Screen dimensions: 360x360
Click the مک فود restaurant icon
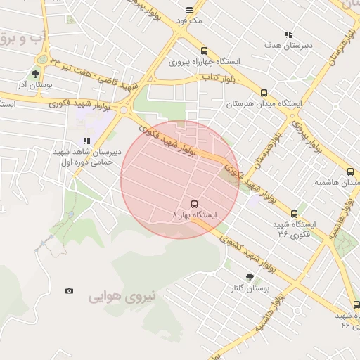[190, 10]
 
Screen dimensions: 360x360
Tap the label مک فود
[190, 22]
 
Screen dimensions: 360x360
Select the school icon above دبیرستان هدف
[288, 34]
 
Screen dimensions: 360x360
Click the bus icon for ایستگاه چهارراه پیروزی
[204, 51]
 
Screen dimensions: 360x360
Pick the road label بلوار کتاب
[217, 76]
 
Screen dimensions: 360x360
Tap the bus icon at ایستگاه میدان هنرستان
[264, 92]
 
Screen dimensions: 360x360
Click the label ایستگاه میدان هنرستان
[264, 103]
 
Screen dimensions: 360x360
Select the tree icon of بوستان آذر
[35, 73]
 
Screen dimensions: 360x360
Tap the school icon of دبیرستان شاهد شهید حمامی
[86, 141]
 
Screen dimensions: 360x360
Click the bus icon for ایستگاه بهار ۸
[195, 204]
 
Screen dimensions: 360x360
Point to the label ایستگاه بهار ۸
[195, 214]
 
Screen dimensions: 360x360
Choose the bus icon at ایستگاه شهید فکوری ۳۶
[294, 214]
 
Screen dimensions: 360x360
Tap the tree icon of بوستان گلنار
[249, 277]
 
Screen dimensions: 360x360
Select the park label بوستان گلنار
[249, 288]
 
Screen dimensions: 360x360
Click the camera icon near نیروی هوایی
[69, 291]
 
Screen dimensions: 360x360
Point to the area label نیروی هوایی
[119, 297]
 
